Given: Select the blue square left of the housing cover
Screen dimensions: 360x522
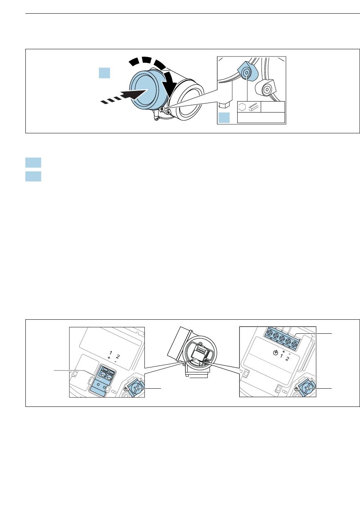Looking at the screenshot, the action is coord(105,73).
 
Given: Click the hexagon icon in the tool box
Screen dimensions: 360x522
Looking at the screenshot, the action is coord(243,107).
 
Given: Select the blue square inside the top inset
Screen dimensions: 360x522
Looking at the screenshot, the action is coord(224,117).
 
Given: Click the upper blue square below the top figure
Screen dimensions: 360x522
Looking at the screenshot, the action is coord(33,163).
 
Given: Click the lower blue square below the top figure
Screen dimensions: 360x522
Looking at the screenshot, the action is coord(33,177).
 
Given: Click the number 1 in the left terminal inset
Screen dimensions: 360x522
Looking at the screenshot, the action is coord(111,353).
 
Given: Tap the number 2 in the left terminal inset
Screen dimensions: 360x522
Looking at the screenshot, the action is coord(118,356).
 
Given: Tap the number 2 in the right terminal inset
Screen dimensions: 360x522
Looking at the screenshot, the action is coord(288,359).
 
